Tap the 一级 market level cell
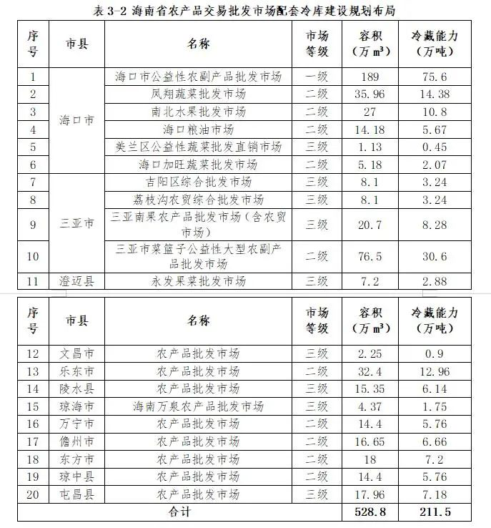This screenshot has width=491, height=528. click(317, 77)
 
